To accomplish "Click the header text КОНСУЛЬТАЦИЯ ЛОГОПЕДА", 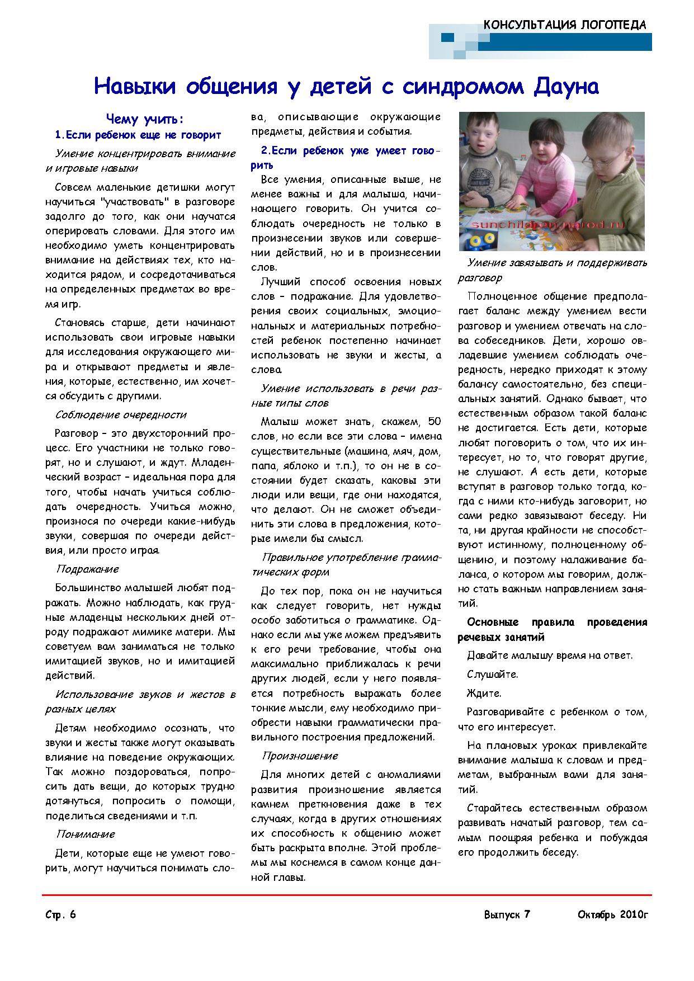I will point(565,25).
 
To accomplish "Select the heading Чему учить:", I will point(145,119).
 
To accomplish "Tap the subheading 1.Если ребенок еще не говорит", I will point(138,135).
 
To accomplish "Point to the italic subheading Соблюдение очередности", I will point(120,414).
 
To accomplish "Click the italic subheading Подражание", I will point(87,569).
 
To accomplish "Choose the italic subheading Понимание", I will point(85,834).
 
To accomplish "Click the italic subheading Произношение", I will point(300,756).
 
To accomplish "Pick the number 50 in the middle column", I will point(434,421).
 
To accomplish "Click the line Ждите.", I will point(484,693).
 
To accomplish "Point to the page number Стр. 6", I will point(60,915).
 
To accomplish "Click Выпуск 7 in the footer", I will point(507,915).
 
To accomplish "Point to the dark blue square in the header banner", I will point(447,37).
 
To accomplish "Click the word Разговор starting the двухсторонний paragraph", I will point(73,433).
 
